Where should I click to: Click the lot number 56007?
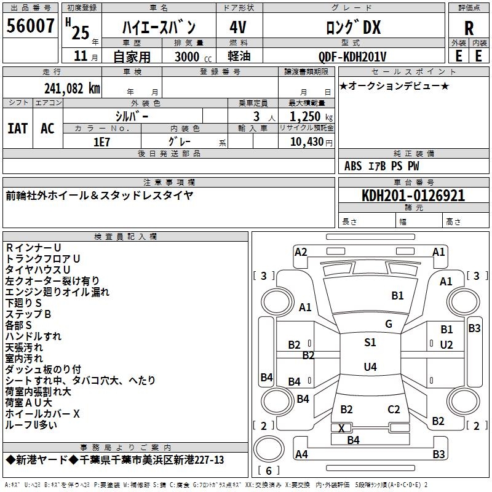tap(31, 27)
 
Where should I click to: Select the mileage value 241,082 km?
tap(72, 89)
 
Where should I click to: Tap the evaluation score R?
tap(469, 28)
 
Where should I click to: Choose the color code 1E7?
tap(101, 141)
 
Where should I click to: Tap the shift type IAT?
tap(18, 129)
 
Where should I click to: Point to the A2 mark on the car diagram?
tap(301, 252)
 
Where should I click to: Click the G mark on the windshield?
tap(389, 324)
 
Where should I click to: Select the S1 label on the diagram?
tap(370, 343)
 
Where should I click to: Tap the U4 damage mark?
tap(370, 367)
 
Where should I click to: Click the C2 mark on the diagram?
tap(394, 409)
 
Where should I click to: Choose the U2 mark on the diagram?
tap(446, 344)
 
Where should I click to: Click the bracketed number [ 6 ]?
tap(269, 470)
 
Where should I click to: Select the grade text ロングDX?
tap(352, 28)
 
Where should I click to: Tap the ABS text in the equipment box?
tap(353, 165)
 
